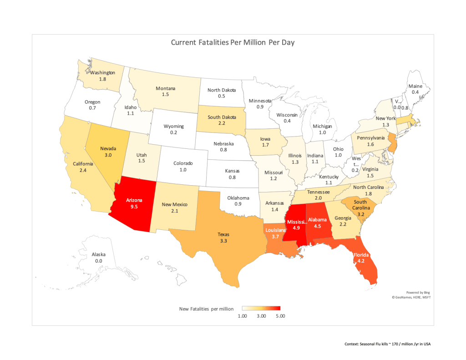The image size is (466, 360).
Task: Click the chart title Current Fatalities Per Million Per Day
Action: (233, 42)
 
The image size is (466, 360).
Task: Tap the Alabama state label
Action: (317, 219)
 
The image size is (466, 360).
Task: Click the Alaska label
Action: (99, 254)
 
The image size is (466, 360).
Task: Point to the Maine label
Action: (415, 86)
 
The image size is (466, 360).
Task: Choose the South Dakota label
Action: (222, 117)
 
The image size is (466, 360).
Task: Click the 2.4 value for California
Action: (83, 171)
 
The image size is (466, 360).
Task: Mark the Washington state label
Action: (102, 72)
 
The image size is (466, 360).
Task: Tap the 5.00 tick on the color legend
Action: (279, 316)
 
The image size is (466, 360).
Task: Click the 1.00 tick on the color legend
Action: (242, 316)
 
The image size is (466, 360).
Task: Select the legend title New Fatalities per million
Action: (207, 309)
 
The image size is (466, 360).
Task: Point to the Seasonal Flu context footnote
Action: (387, 344)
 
